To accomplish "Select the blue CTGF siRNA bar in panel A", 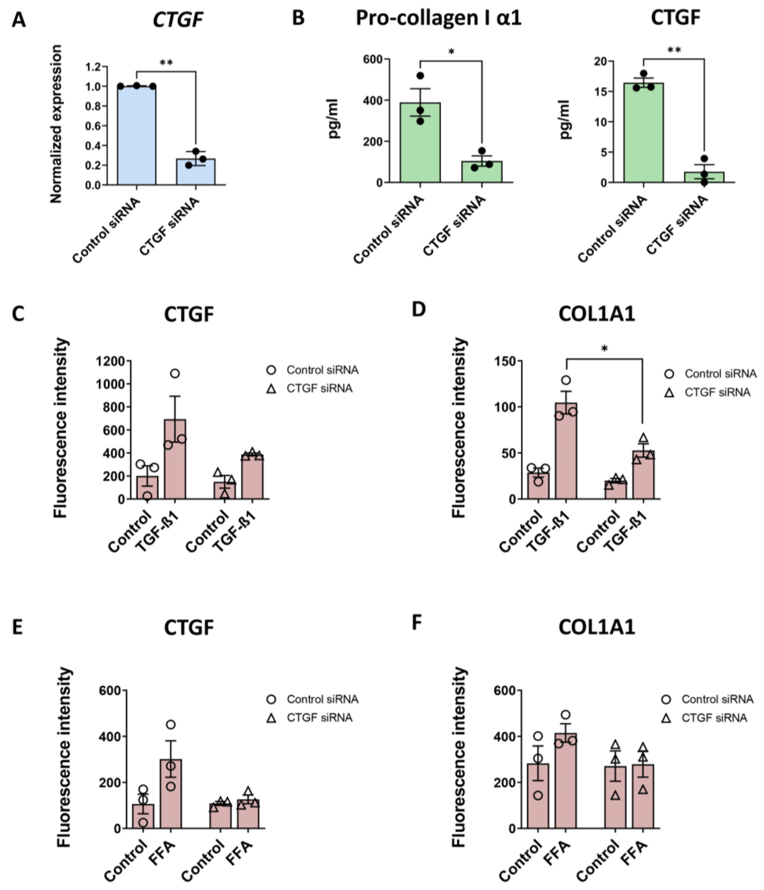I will click(196, 172).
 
